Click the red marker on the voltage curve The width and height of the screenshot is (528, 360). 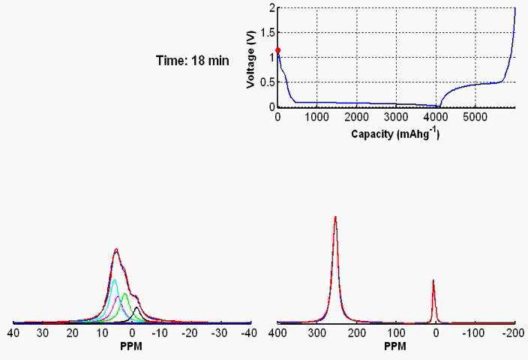(x=278, y=50)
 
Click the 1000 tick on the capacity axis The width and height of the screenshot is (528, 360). (x=317, y=117)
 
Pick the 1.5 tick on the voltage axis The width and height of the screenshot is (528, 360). (x=271, y=32)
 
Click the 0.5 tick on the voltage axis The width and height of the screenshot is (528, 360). (x=271, y=82)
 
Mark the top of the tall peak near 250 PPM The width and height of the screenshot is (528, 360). (x=335, y=217)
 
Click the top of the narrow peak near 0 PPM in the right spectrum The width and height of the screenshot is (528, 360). (x=433, y=280)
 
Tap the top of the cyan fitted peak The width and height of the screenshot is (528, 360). (x=114, y=280)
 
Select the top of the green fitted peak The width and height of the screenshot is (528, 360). (x=124, y=293)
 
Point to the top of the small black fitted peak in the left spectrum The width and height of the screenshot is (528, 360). (x=136, y=307)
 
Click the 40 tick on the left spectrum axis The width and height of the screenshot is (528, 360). (x=13, y=331)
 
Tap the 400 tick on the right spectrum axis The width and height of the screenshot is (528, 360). (x=277, y=331)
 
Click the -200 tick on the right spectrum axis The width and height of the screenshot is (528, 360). (x=511, y=331)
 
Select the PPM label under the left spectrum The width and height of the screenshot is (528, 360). (x=130, y=347)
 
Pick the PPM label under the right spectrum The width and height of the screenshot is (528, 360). (x=394, y=347)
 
